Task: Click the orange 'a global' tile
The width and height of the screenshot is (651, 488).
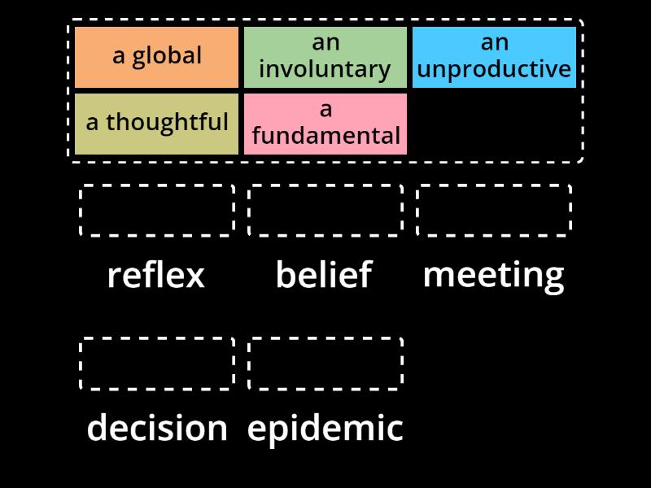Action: [x=156, y=57]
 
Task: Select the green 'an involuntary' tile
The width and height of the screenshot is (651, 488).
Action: [x=325, y=57]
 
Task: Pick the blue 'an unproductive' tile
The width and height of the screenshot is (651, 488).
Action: [x=494, y=57]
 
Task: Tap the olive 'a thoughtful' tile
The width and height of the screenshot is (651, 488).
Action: [x=156, y=124]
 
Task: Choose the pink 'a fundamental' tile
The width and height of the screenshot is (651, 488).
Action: [x=325, y=124]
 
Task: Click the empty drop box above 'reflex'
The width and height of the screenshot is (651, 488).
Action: [x=157, y=211]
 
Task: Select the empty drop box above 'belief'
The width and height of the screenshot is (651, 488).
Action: [x=325, y=211]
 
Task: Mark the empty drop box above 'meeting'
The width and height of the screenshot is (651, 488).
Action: [x=494, y=211]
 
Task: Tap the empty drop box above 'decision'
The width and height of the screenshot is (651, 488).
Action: [x=157, y=364]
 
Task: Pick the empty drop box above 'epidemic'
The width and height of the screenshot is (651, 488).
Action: [x=325, y=364]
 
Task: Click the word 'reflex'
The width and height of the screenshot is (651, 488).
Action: [x=156, y=275]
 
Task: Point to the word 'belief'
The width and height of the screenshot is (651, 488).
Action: [x=324, y=275]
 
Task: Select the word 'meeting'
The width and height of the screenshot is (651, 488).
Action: [x=493, y=275]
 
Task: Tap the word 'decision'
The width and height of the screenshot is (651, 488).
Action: [x=157, y=428]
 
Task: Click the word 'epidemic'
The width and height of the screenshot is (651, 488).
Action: [x=325, y=428]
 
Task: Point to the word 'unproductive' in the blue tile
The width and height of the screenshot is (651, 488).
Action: [x=494, y=70]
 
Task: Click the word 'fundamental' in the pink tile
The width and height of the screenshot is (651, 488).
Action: [x=326, y=136]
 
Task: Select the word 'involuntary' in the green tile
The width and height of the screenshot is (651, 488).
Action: [x=325, y=70]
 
